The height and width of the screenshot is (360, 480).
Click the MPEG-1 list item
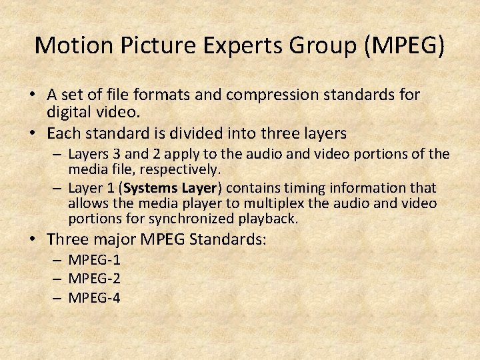(94, 261)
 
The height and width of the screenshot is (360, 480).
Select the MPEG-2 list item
(94, 279)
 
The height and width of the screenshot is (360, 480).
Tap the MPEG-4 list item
(94, 297)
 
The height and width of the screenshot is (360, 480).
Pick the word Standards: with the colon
(231, 239)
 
